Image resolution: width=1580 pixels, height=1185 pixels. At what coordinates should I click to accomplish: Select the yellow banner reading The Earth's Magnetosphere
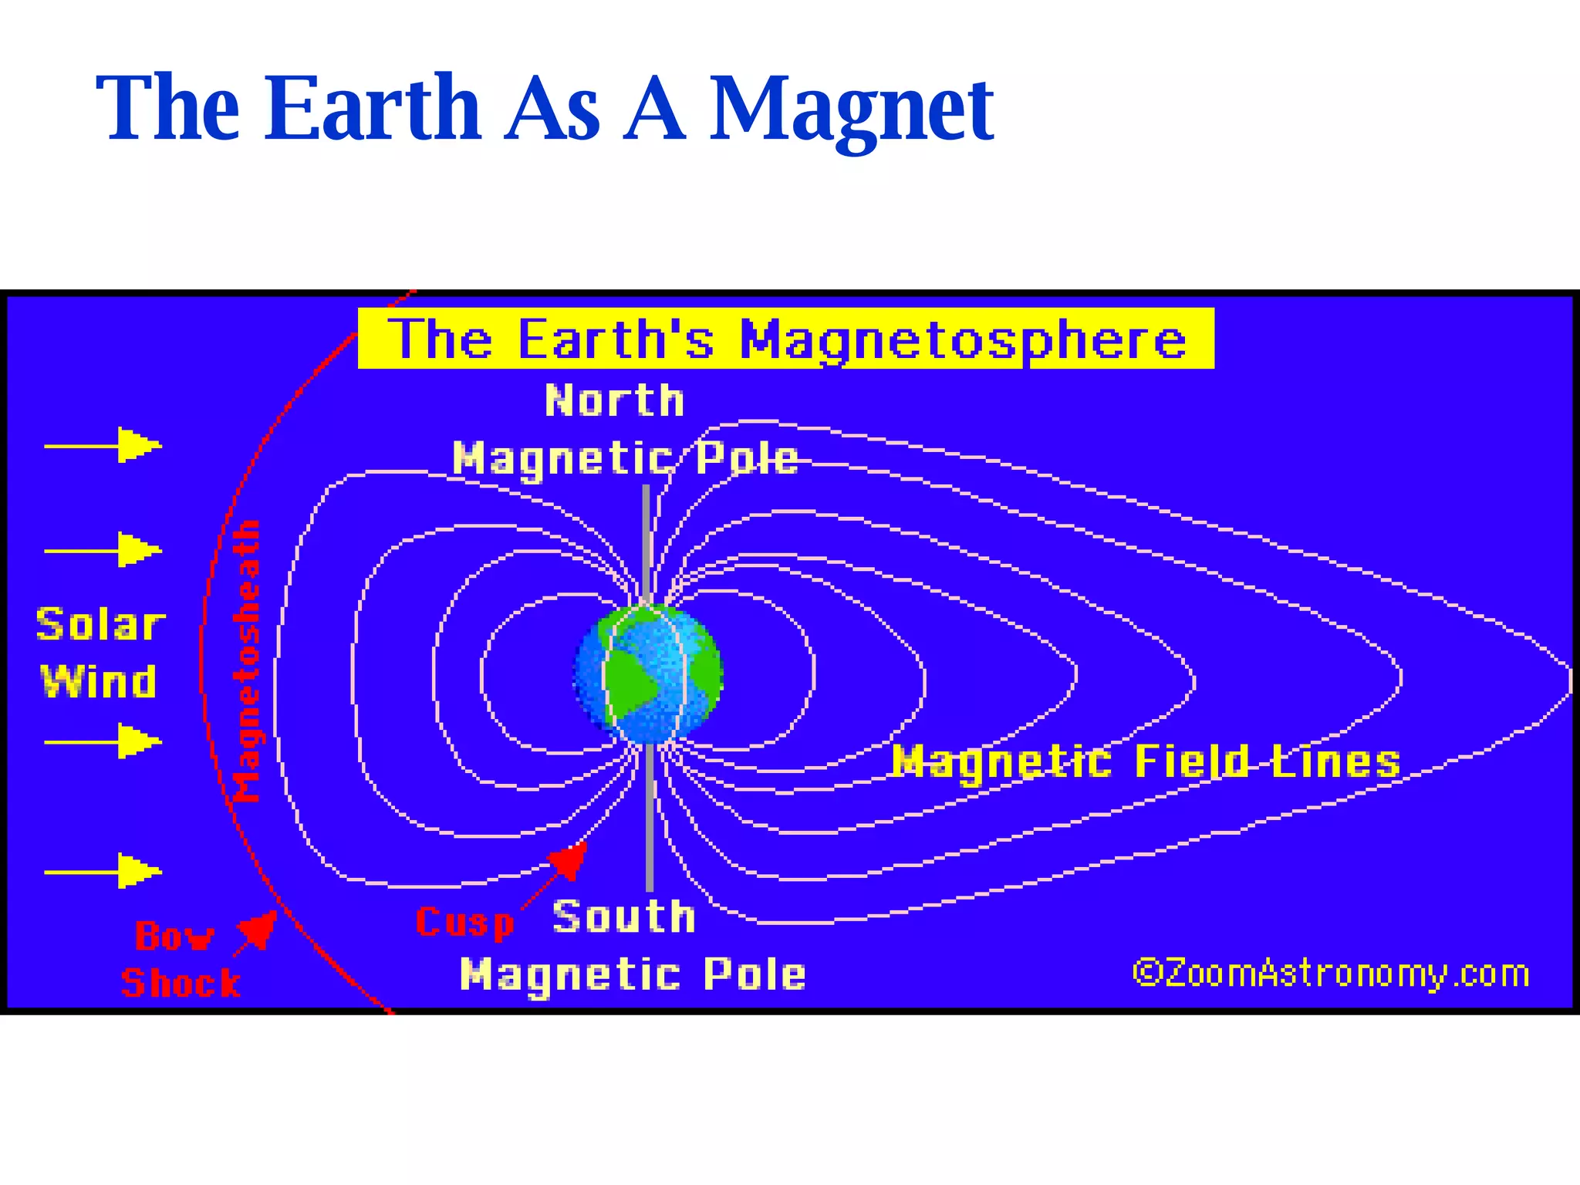785,339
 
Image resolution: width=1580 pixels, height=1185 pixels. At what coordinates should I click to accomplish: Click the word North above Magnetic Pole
615,401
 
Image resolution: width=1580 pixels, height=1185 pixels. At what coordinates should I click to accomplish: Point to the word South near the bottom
624,917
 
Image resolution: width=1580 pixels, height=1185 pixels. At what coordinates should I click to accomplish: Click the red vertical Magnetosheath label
247,662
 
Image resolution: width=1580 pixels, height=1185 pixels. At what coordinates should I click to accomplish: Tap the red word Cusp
465,923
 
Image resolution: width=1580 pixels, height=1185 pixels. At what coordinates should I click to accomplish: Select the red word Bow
174,937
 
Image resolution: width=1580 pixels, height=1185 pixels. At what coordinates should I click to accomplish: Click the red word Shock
181,983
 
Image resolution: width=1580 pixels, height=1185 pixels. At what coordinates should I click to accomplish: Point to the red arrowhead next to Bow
258,929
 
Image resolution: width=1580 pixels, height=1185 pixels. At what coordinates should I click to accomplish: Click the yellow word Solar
100,625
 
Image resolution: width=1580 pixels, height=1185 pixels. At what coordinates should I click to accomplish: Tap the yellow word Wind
99,682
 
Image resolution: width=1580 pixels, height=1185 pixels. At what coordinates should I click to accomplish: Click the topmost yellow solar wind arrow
104,445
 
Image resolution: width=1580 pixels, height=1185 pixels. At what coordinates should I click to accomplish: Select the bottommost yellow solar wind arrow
104,872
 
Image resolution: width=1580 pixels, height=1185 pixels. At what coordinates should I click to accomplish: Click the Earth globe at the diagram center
648,674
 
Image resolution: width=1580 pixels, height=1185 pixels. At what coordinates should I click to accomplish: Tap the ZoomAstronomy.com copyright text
1331,974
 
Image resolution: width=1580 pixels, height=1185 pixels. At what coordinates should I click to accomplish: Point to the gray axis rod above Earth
647,540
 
